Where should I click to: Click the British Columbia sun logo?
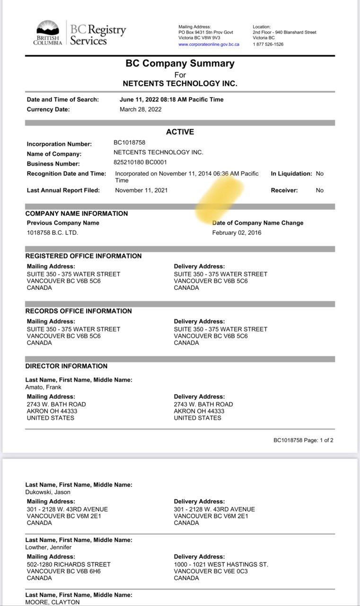click(x=47, y=27)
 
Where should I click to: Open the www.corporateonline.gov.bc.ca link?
click(x=209, y=44)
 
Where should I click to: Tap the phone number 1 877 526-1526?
click(x=268, y=44)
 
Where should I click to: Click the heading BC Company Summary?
click(x=180, y=63)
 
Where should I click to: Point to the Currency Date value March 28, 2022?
click(x=140, y=109)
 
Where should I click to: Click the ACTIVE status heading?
click(x=180, y=132)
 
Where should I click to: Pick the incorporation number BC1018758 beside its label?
click(x=129, y=143)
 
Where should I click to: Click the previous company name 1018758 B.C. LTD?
click(x=52, y=232)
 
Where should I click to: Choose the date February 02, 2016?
click(x=237, y=232)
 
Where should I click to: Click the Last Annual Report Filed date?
click(x=141, y=190)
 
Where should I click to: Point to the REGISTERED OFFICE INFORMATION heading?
click(x=83, y=256)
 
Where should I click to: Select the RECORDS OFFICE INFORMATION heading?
click(x=79, y=311)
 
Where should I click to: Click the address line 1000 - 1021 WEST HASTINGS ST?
click(x=221, y=564)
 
